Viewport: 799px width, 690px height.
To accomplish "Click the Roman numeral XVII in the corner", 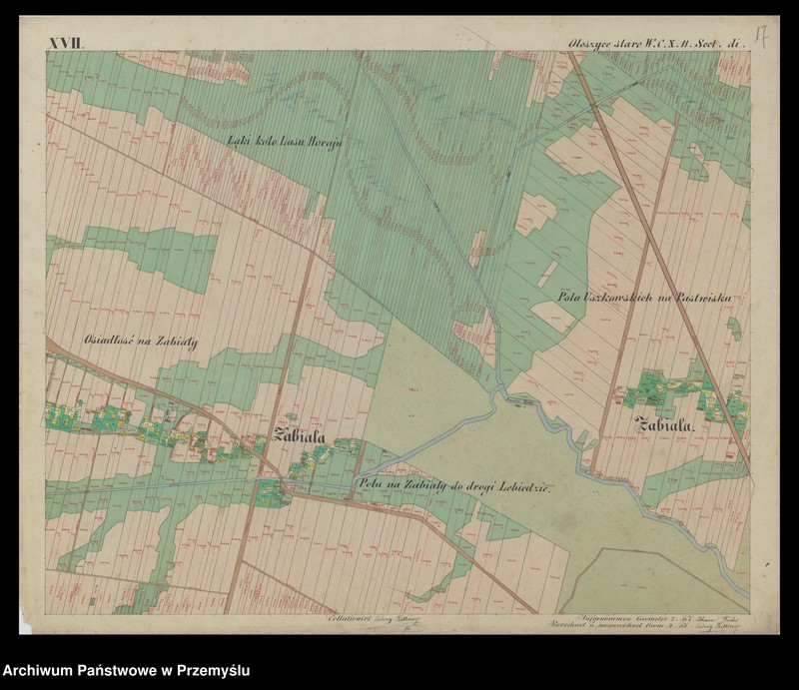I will pyautogui.click(x=67, y=43).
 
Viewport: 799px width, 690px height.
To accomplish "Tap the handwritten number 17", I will pyautogui.click(x=760, y=40).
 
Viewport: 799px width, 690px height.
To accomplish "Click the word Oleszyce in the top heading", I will pyautogui.click(x=589, y=43).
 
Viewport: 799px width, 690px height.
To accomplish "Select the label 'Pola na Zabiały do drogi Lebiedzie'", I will pyautogui.click(x=454, y=485).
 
